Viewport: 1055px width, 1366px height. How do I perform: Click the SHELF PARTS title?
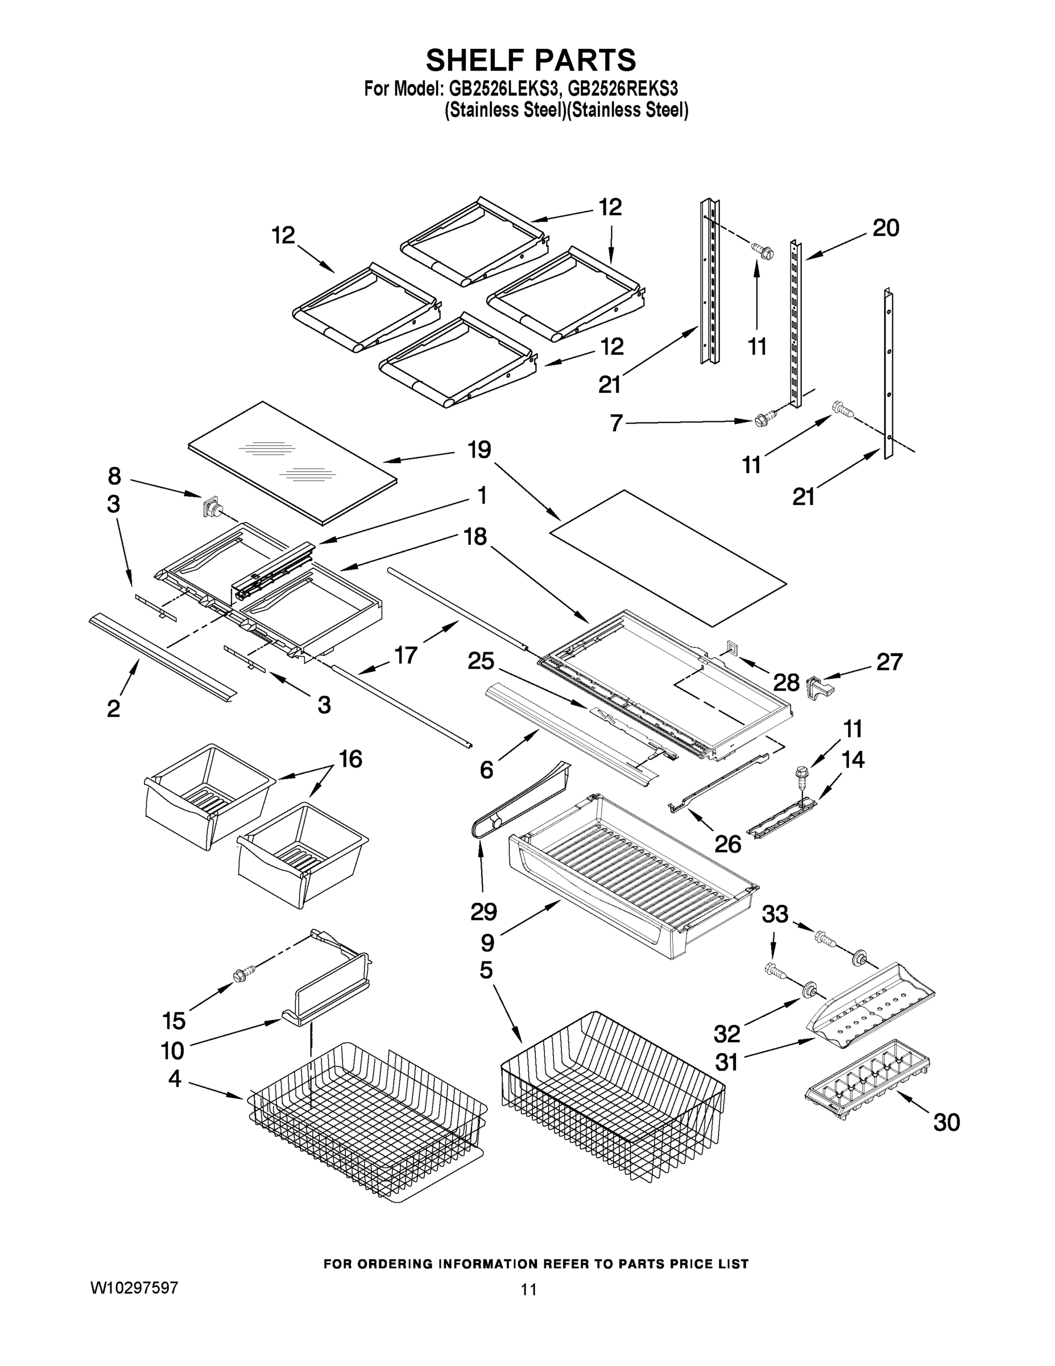coord(531,61)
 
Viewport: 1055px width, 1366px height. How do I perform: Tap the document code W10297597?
coord(134,1288)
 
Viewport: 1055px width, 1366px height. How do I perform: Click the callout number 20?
coord(886,228)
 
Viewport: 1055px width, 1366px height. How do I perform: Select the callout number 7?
coord(617,423)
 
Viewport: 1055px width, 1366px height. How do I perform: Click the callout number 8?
coord(114,476)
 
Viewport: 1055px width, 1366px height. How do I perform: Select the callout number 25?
coord(481,661)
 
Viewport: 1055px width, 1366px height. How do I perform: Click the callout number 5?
coord(486,970)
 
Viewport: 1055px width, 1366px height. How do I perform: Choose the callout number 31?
coord(726,1062)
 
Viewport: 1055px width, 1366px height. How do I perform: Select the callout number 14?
coord(853,760)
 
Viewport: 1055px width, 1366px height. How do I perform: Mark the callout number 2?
coord(113,709)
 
